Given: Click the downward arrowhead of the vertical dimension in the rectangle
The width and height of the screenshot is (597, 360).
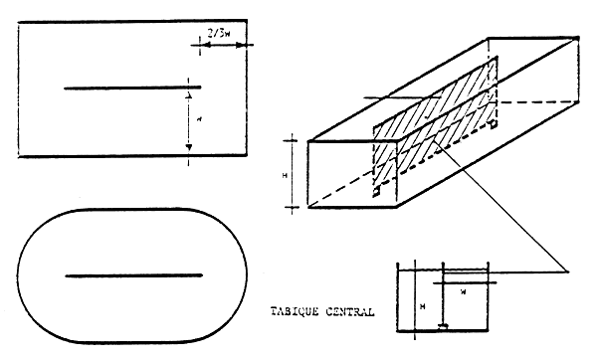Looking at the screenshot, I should click(x=187, y=147).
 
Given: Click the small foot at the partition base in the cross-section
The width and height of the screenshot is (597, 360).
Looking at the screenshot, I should click(x=442, y=327).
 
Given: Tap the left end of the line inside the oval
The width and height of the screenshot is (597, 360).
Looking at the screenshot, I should click(x=66, y=274).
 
